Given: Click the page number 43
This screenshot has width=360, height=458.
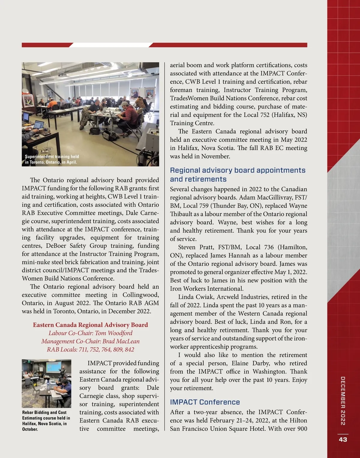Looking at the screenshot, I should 343,439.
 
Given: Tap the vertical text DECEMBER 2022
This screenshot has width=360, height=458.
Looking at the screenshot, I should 343,401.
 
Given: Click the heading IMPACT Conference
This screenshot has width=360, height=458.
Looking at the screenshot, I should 205,402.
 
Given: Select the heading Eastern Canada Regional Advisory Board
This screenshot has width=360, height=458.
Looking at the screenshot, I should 90,325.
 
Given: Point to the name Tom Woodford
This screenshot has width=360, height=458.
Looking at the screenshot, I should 114,333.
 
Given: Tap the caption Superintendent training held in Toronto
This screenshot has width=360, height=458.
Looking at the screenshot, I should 52,159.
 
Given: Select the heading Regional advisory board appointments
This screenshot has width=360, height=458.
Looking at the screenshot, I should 237,175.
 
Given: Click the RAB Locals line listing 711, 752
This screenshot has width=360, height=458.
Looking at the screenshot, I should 90,349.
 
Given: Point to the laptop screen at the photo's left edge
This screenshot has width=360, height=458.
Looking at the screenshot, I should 38,124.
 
